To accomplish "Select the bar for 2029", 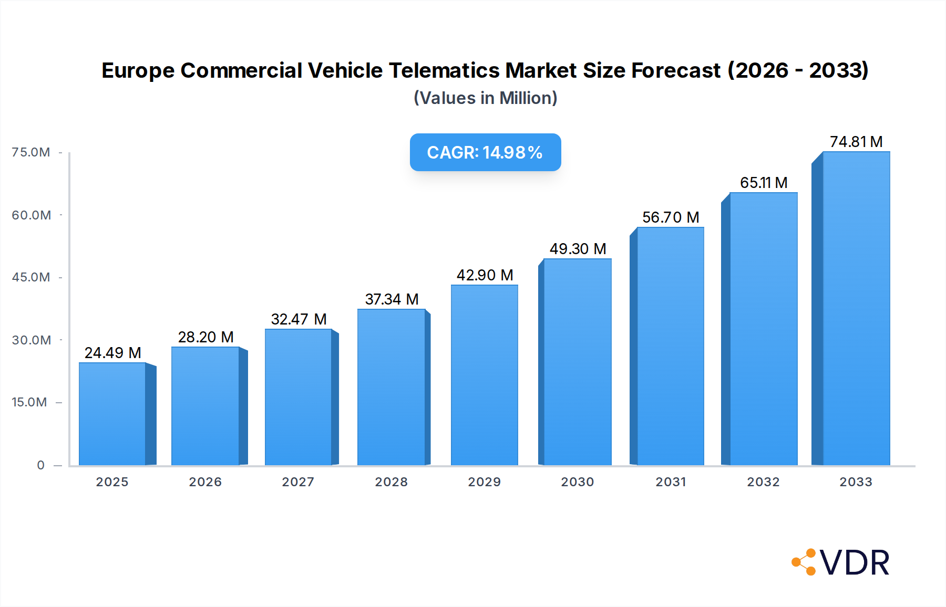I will pyautogui.click(x=484, y=375).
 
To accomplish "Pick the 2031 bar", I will pyautogui.click(x=670, y=346).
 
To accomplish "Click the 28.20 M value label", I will pyautogui.click(x=205, y=337).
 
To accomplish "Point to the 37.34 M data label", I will pyautogui.click(x=392, y=299).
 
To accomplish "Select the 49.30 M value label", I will pyautogui.click(x=578, y=249).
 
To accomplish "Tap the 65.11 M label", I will pyautogui.click(x=764, y=183).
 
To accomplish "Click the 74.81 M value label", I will pyautogui.click(x=856, y=142).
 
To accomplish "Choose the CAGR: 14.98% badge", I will pyautogui.click(x=485, y=152).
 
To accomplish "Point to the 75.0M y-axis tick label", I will pyautogui.click(x=31, y=152).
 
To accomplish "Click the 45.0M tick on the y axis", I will pyautogui.click(x=31, y=277).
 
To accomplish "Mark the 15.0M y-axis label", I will pyautogui.click(x=29, y=402).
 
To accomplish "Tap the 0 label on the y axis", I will pyautogui.click(x=40, y=465).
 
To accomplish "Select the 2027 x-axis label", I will pyautogui.click(x=298, y=482).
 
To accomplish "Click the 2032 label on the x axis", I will pyautogui.click(x=763, y=482).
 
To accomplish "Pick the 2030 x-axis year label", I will pyautogui.click(x=577, y=482).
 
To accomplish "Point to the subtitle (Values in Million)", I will pyautogui.click(x=485, y=98).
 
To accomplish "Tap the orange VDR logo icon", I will pyautogui.click(x=804, y=562).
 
